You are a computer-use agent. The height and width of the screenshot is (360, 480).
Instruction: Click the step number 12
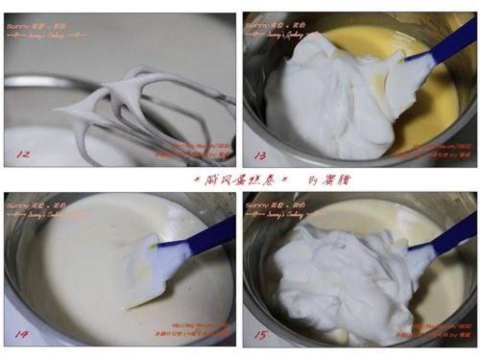point(20,153)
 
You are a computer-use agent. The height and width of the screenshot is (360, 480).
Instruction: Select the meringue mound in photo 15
point(326,278)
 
